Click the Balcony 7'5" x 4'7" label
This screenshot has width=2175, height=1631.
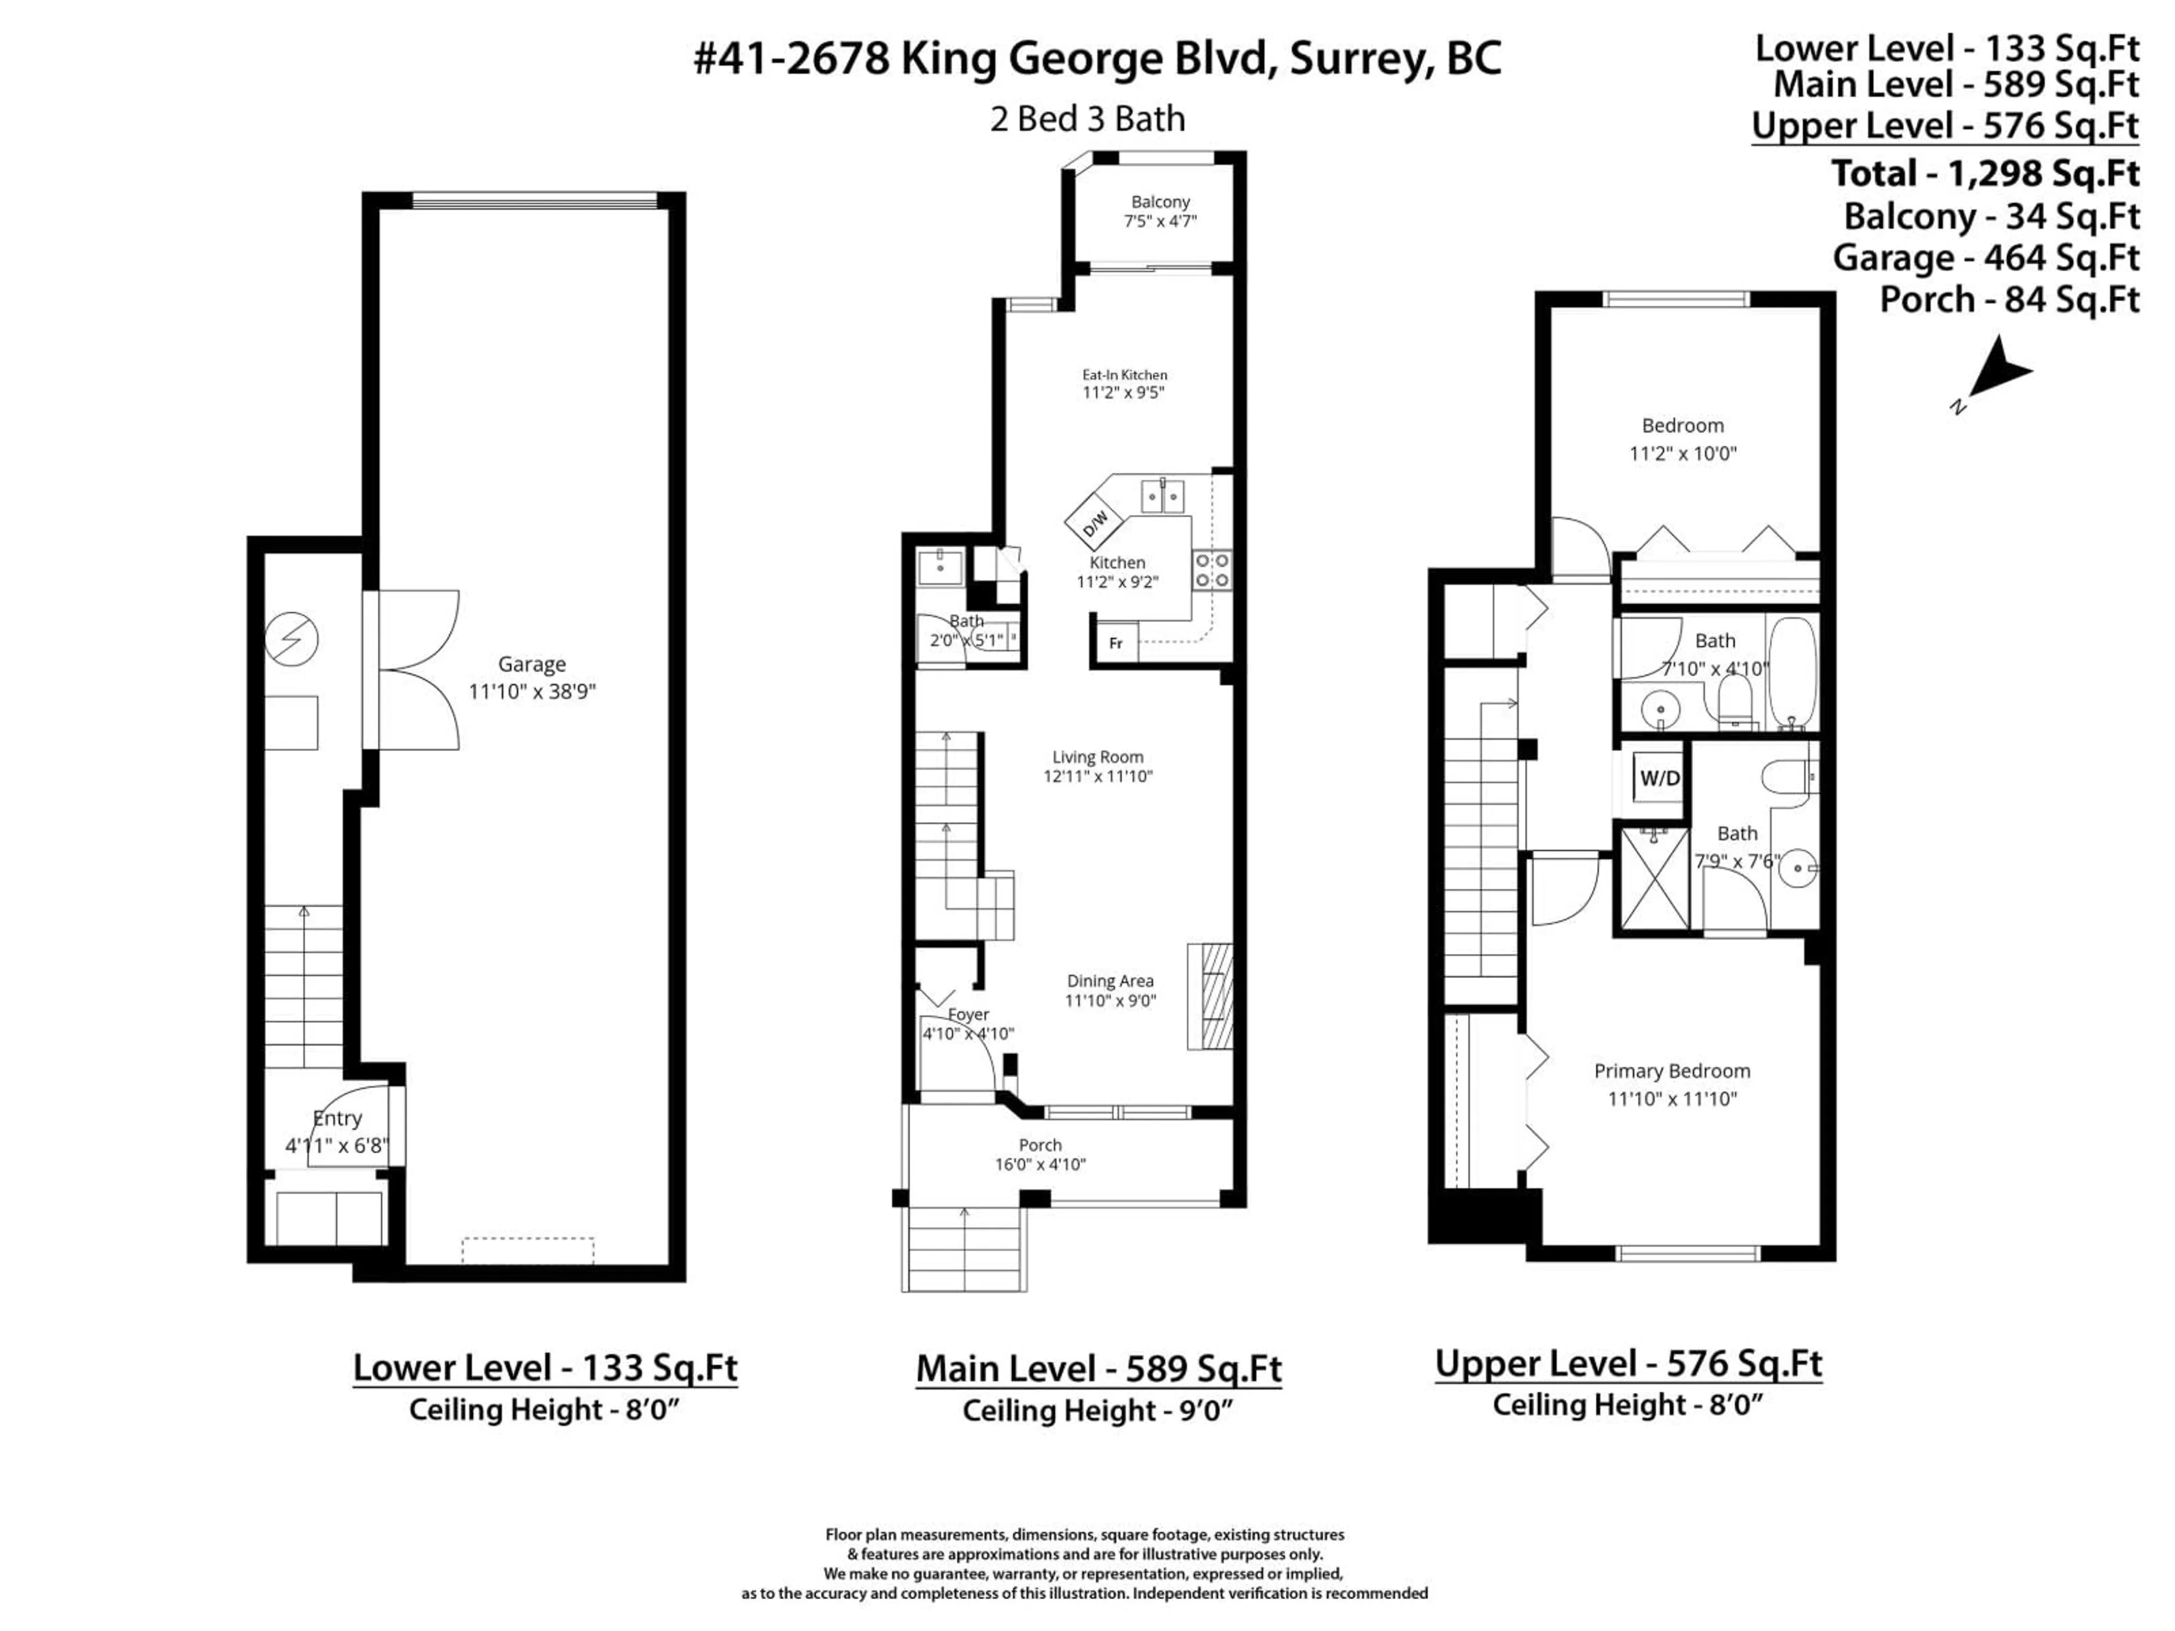1160,211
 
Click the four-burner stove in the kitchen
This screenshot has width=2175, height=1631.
1212,570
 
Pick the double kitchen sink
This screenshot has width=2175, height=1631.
1163,497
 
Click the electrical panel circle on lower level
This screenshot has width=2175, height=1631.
292,639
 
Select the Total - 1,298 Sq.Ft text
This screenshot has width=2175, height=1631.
1984,173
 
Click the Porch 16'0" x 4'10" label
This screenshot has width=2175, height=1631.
1040,1154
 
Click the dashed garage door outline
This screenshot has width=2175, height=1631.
528,1249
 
